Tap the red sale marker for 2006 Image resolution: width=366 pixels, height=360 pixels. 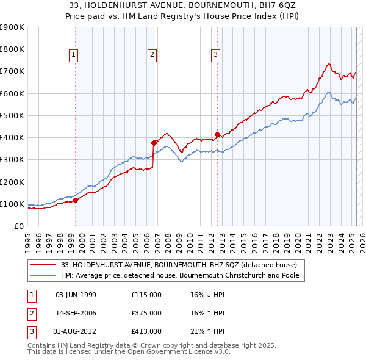pos(154,143)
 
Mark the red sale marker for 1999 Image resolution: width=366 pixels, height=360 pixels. pos(75,200)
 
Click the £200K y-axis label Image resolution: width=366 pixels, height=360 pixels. pos(12,182)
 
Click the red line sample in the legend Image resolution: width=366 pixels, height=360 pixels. pos(44,265)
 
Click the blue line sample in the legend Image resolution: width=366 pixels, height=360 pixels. pos(44,275)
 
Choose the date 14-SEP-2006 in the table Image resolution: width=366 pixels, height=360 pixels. pos(76,313)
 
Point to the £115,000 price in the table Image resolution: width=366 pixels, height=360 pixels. pos(146,295)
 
